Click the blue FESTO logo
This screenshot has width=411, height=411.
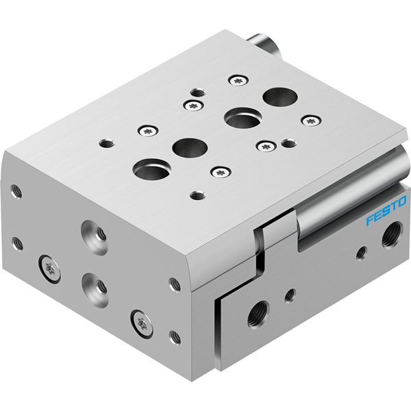coord(386,210)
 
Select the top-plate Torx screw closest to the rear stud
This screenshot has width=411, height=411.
coord(238,80)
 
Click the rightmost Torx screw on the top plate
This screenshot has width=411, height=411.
coord(312,121)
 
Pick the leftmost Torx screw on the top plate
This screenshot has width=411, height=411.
coord(148,131)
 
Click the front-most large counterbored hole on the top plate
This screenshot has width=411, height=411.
coord(152,170)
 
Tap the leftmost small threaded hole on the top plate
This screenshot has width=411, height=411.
coord(107,143)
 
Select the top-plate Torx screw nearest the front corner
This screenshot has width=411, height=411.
coord(221,172)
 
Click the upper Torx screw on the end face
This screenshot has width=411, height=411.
coord(49,269)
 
